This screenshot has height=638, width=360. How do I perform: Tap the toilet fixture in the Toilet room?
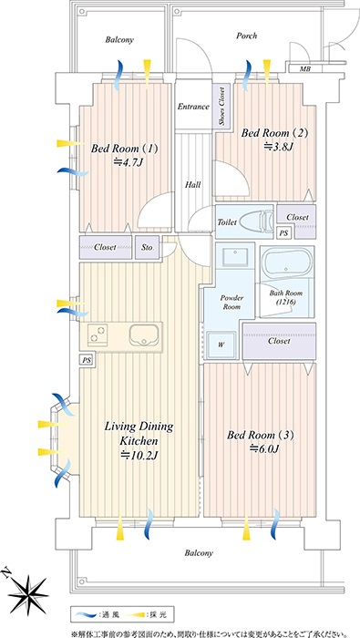tap(256, 222)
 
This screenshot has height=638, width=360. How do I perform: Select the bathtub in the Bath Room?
tap(286, 263)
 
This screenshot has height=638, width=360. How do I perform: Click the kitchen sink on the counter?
tap(145, 334)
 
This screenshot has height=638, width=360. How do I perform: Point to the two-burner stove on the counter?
tap(98, 334)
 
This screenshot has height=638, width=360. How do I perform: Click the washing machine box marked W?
tap(221, 345)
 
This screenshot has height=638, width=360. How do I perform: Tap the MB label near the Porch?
tap(305, 69)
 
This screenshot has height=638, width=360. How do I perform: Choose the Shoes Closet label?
tap(221, 107)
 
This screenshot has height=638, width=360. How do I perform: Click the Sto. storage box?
tap(148, 247)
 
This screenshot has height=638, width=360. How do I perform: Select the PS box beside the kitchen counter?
tap(87, 361)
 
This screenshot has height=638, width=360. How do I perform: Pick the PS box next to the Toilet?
tap(284, 233)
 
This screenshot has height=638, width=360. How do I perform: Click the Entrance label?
tap(193, 107)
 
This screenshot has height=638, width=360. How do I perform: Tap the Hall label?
tap(193, 185)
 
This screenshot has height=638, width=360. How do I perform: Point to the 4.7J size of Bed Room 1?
tap(129, 163)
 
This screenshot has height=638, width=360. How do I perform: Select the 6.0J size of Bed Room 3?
tap(265, 449)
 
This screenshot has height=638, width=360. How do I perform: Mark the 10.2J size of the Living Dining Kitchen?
tap(139, 456)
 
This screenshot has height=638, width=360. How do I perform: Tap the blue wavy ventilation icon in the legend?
tap(87, 614)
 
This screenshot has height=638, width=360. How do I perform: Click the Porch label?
tap(246, 36)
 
